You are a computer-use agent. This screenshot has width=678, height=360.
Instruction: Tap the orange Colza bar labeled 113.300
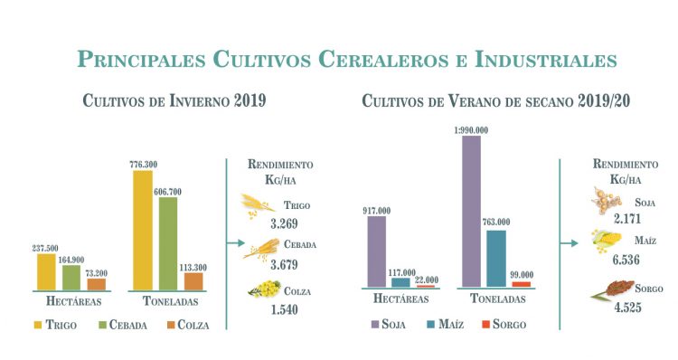coord(193,281)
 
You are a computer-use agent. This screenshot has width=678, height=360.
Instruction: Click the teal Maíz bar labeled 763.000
coord(496,259)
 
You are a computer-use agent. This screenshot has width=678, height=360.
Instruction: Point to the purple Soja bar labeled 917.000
coord(377,251)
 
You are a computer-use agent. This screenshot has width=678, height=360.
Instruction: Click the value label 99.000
coord(523,273)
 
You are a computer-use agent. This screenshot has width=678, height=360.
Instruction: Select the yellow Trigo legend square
coord(40,324)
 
